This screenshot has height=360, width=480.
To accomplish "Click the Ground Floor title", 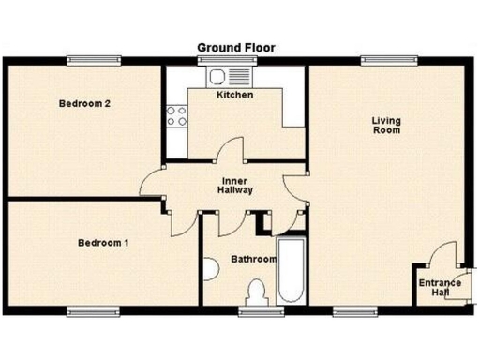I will pyautogui.click(x=235, y=47).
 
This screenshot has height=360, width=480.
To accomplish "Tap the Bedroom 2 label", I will pyautogui.click(x=85, y=104).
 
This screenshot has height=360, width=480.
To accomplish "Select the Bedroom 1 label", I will pyautogui.click(x=102, y=244).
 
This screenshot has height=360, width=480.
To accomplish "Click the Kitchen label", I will pyautogui.click(x=234, y=95).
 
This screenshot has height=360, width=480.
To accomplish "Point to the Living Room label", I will pyautogui.click(x=386, y=125).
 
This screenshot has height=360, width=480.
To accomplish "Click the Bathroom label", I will pyautogui.click(x=253, y=259).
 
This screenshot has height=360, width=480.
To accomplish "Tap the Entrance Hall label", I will pyautogui.click(x=440, y=288).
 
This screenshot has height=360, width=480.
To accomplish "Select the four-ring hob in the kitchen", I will pyautogui.click(x=175, y=116).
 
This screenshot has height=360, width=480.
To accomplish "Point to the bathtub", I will pyautogui.click(x=290, y=269).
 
